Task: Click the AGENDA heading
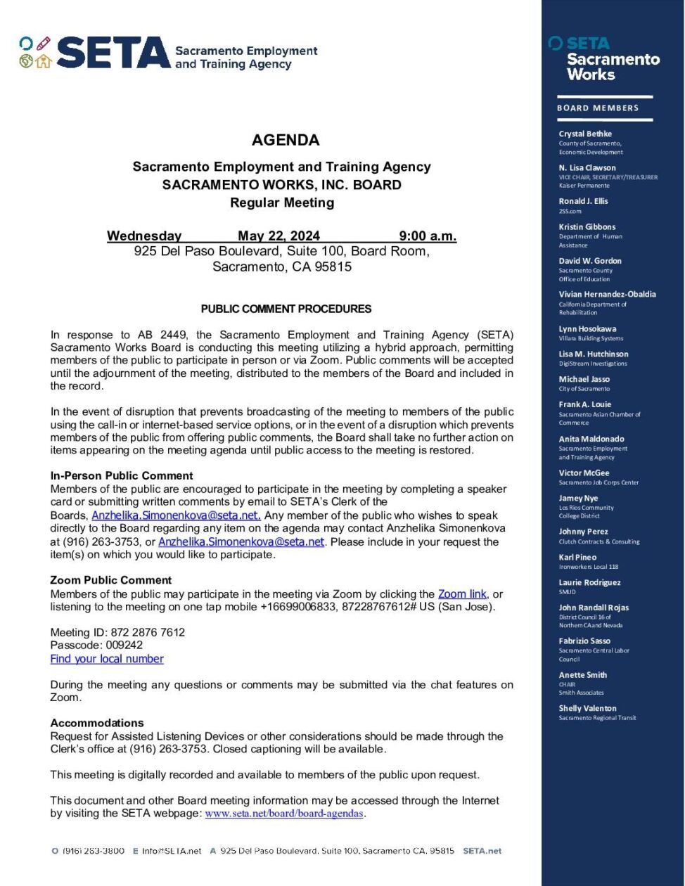click(x=286, y=140)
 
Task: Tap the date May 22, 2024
click(x=279, y=236)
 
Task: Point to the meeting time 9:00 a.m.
click(x=428, y=236)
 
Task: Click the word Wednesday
click(x=144, y=236)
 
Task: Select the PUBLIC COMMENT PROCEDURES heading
click(x=286, y=309)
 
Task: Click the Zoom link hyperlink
click(x=462, y=594)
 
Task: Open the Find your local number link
click(x=107, y=659)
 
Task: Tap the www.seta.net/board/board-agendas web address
click(x=284, y=814)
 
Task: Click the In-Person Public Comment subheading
click(x=122, y=475)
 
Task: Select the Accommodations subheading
click(x=97, y=723)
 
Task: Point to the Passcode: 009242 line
click(x=96, y=645)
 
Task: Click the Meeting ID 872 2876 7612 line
click(x=117, y=632)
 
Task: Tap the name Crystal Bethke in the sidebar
click(x=585, y=134)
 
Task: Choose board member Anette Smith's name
click(x=582, y=674)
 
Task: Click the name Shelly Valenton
click(x=587, y=708)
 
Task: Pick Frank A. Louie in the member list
click(x=584, y=404)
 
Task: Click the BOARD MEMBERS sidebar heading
click(x=598, y=108)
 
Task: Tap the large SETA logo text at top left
click(x=113, y=53)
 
